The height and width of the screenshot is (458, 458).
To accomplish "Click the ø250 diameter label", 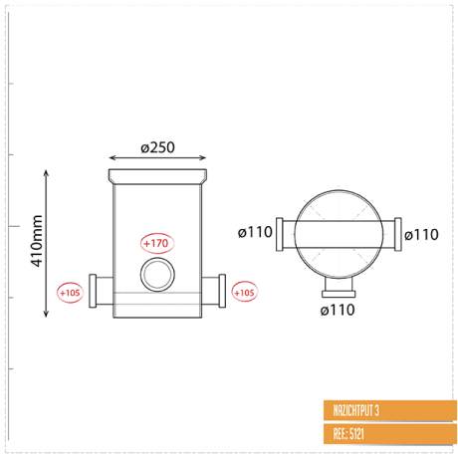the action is click(157, 147).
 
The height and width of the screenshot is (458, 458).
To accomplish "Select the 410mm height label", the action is click(37, 241).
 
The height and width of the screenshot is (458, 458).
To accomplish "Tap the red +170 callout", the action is click(157, 243).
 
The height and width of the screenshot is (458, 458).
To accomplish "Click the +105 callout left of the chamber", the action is click(70, 293).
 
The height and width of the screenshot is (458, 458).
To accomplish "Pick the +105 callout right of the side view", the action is click(245, 292).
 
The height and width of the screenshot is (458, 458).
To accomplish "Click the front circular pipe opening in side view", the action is click(157, 275).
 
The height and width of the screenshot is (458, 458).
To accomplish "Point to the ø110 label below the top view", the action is click(338, 310).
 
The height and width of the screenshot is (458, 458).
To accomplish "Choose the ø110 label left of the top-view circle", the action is click(255, 232).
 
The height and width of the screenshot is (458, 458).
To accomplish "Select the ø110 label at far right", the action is click(421, 235).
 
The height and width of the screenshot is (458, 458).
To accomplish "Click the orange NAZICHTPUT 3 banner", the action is click(390, 410).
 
